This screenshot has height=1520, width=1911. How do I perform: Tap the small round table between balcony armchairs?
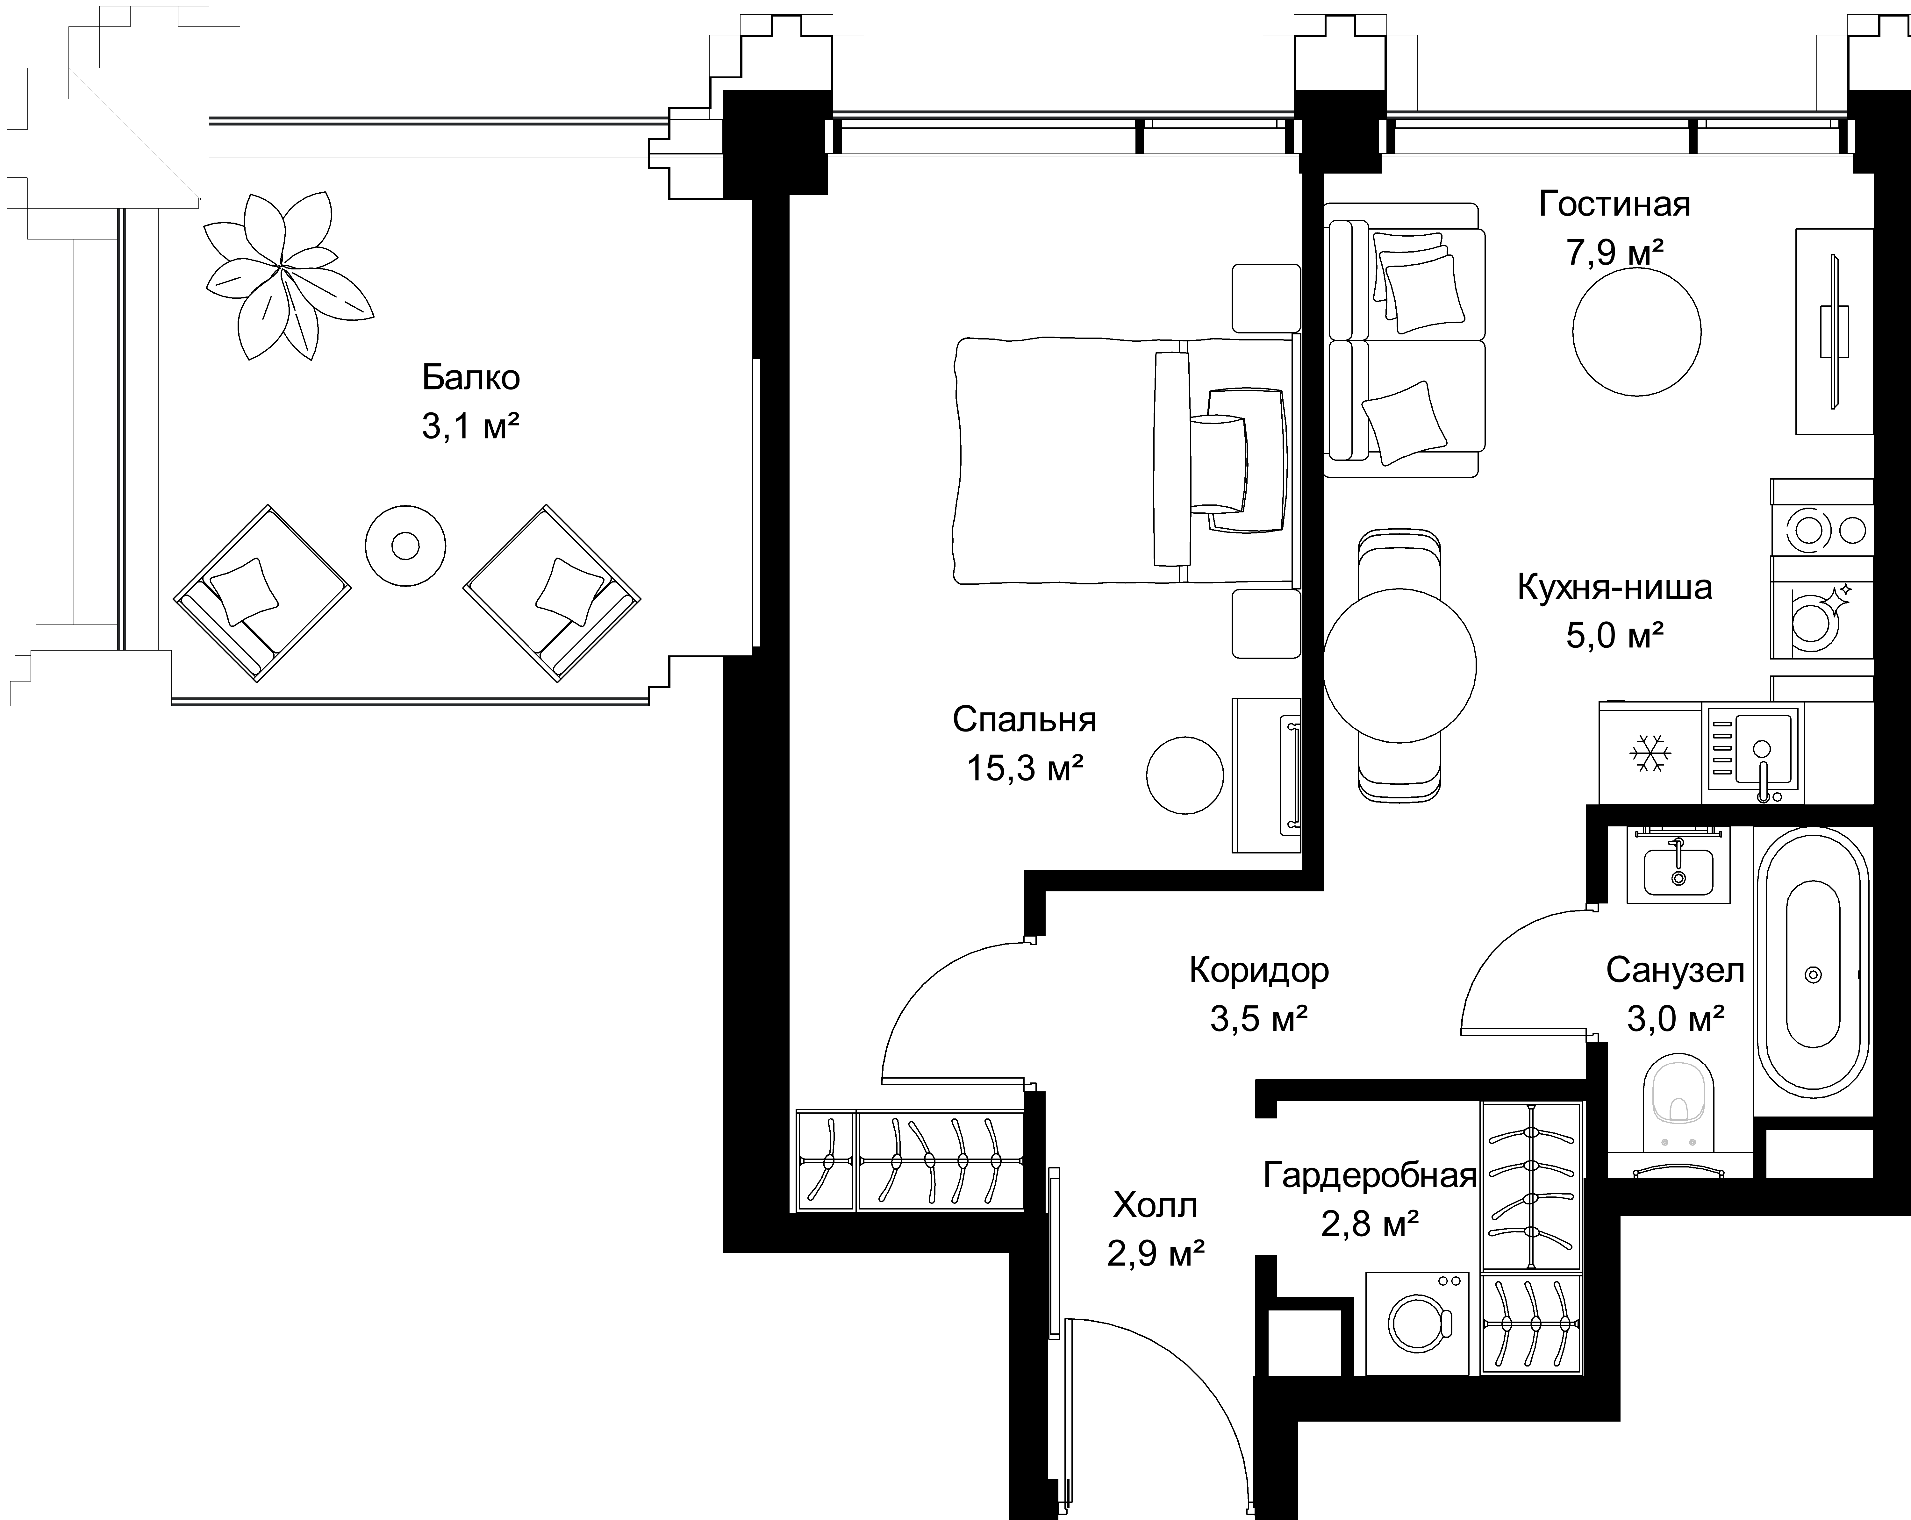(405, 545)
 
